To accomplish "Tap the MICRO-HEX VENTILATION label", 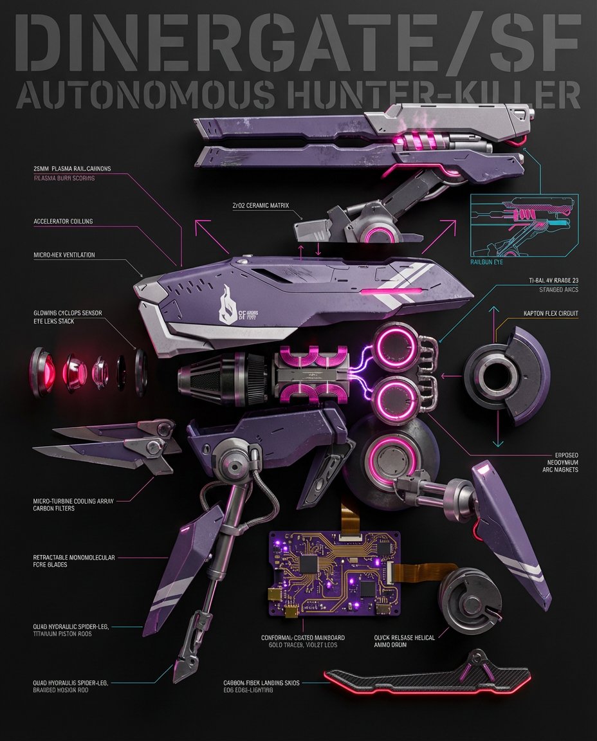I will pos(64,255).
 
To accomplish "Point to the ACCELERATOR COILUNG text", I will pos(63,221).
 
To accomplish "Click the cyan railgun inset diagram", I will pos(524,225).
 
